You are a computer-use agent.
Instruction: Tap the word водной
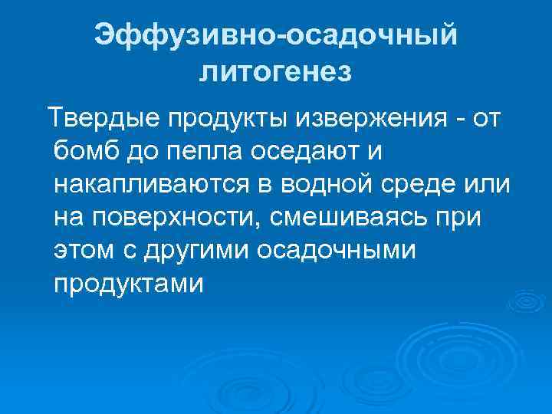(x=340, y=185)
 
